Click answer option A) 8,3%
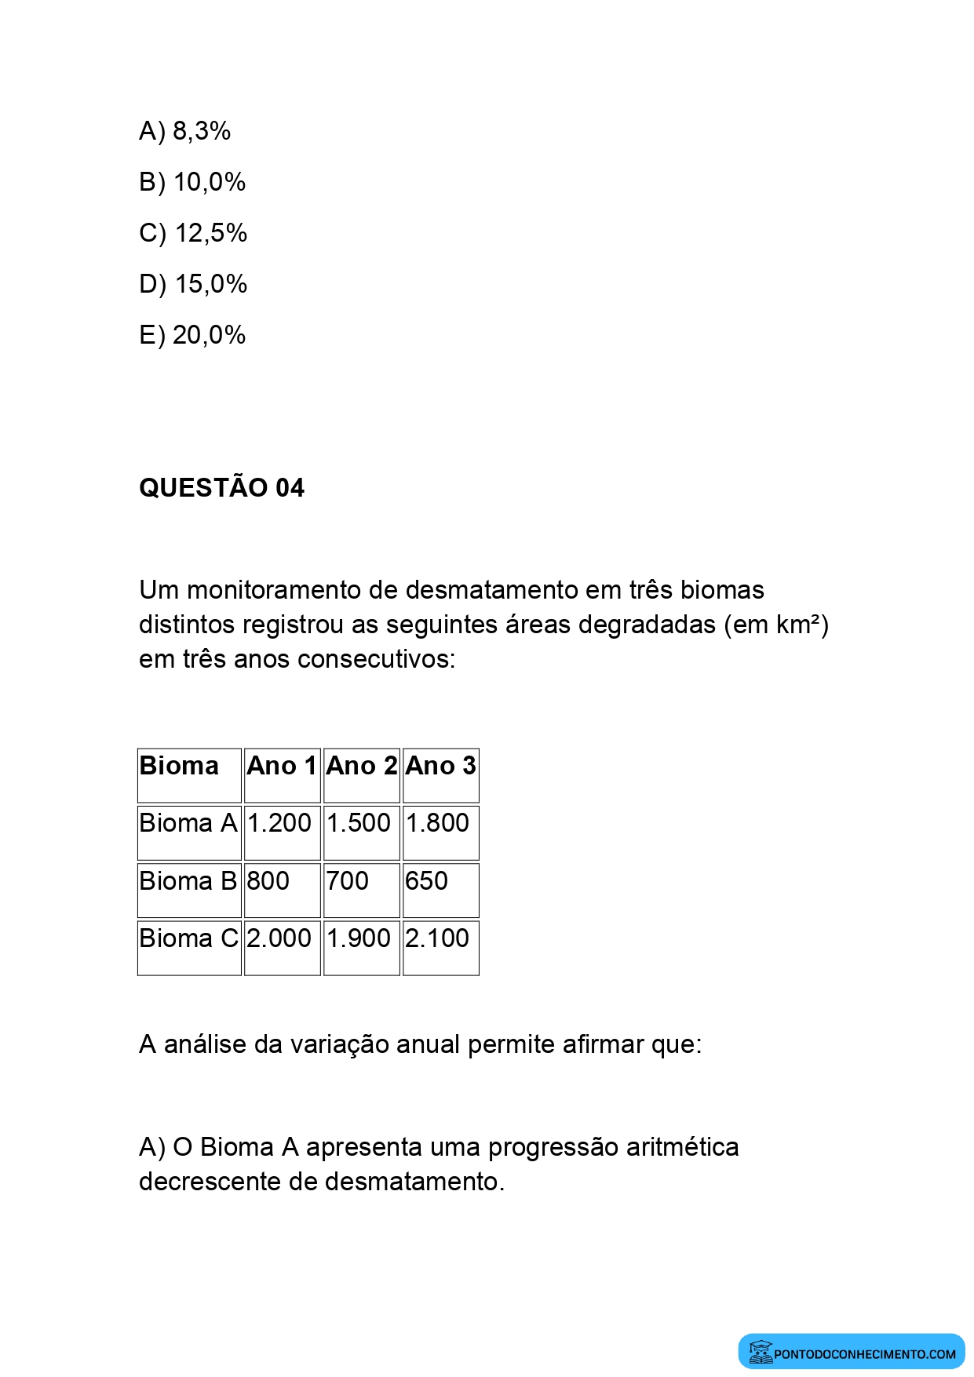click(x=184, y=131)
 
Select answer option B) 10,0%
click(x=192, y=182)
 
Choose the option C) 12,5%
click(x=193, y=233)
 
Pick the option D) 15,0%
click(x=193, y=284)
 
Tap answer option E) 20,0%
click(x=192, y=335)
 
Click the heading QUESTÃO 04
click(x=221, y=488)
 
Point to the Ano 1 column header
click(x=282, y=766)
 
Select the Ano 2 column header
click(x=361, y=766)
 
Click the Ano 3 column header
click(x=440, y=766)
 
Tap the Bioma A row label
click(x=188, y=823)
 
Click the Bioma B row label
click(x=188, y=881)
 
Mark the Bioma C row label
click(x=188, y=938)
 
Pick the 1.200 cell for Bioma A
click(x=279, y=823)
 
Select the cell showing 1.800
click(x=437, y=823)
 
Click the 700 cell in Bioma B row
click(x=347, y=881)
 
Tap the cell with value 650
click(x=426, y=881)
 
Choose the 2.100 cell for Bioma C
click(x=437, y=938)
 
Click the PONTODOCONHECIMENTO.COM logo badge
click(x=852, y=1351)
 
